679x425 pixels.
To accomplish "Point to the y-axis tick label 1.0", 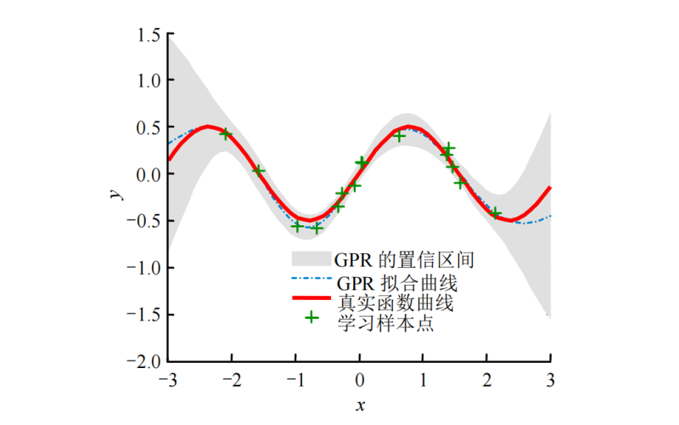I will point(149,80).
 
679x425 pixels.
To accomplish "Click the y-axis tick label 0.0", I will point(149,173).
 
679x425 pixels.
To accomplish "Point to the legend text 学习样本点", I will point(386,323).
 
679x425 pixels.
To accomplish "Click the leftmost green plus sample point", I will point(225,133).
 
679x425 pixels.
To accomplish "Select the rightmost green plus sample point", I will point(496,213).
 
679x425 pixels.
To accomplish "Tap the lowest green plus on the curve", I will point(317,228).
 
